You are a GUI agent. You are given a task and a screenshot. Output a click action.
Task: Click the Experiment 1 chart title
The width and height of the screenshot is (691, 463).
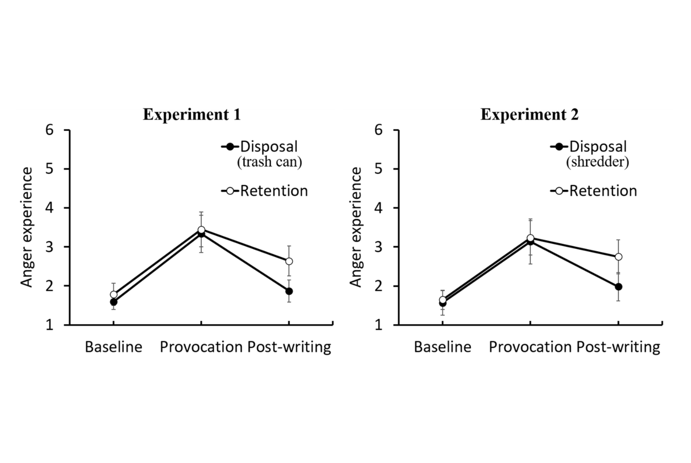pyautogui.click(x=191, y=114)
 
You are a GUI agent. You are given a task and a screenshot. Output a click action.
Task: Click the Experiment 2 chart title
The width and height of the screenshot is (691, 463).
pyautogui.click(x=529, y=114)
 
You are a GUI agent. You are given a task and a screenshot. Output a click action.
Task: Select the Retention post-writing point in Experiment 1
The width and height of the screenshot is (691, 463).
pyautogui.click(x=289, y=261)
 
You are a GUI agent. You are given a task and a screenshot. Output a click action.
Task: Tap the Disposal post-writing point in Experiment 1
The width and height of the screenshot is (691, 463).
pyautogui.click(x=289, y=291)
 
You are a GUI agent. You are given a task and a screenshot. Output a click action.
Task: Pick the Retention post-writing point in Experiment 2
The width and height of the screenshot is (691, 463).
pyautogui.click(x=618, y=257)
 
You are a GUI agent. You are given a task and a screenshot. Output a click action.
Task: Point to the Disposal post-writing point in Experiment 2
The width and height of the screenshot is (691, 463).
pyautogui.click(x=618, y=287)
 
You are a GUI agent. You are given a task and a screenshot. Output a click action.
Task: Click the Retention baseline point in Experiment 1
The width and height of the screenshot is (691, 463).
pyautogui.click(x=114, y=295)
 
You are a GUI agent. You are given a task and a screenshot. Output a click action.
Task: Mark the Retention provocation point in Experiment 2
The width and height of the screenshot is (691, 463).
pyautogui.click(x=530, y=238)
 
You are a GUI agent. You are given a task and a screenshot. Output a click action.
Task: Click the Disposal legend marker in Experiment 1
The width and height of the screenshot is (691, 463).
pyautogui.click(x=230, y=146)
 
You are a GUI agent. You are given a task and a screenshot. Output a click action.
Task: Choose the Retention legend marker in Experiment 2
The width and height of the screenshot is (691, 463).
pyautogui.click(x=559, y=190)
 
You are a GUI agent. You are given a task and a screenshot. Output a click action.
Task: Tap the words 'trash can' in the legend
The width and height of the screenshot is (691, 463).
pyautogui.click(x=269, y=162)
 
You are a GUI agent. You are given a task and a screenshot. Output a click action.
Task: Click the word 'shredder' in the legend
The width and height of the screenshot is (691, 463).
pyautogui.click(x=597, y=162)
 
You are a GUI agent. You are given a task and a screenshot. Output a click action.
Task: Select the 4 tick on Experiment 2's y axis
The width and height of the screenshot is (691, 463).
pyautogui.click(x=379, y=208)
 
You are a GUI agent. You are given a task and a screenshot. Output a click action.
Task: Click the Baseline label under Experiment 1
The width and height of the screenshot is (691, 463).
pyautogui.click(x=114, y=347)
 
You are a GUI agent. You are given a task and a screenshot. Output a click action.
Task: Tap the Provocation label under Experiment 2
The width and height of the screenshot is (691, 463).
pyautogui.click(x=530, y=347)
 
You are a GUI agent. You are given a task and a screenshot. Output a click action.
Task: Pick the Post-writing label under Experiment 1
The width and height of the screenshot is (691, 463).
pyautogui.click(x=289, y=347)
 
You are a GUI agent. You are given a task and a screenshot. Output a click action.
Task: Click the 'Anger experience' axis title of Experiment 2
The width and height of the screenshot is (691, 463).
pyautogui.click(x=355, y=227)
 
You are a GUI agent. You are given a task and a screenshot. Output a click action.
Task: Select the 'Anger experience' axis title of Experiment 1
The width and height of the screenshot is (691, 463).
pyautogui.click(x=27, y=227)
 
